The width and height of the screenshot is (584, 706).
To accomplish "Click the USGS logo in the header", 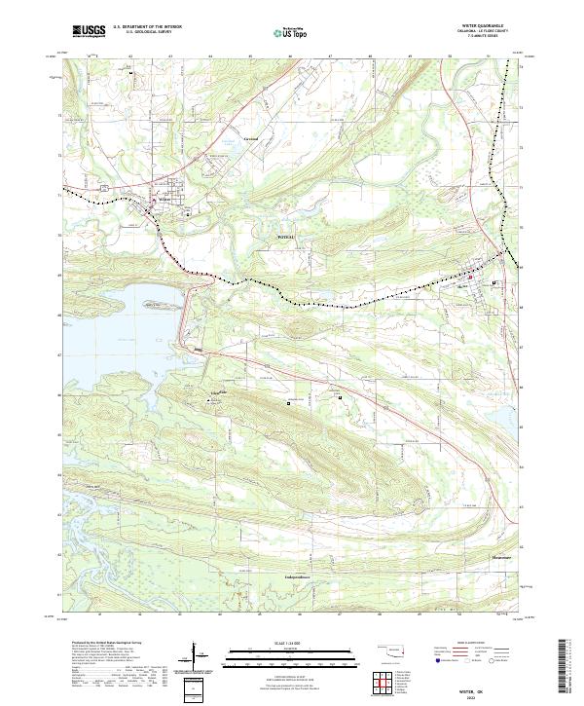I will [x=89, y=31].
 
